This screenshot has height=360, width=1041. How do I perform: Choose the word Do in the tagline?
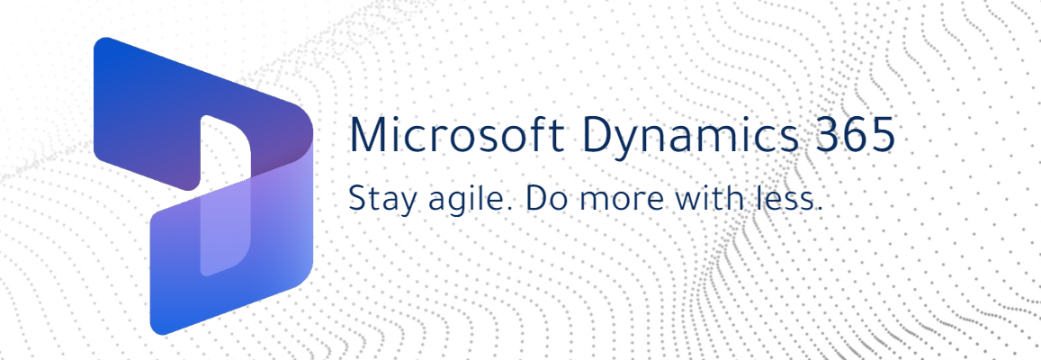(543, 199)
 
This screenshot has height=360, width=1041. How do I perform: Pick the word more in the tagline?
(607, 199)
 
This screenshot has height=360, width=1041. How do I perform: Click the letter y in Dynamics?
(630, 142)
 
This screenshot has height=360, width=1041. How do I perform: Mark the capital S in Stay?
(356, 199)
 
